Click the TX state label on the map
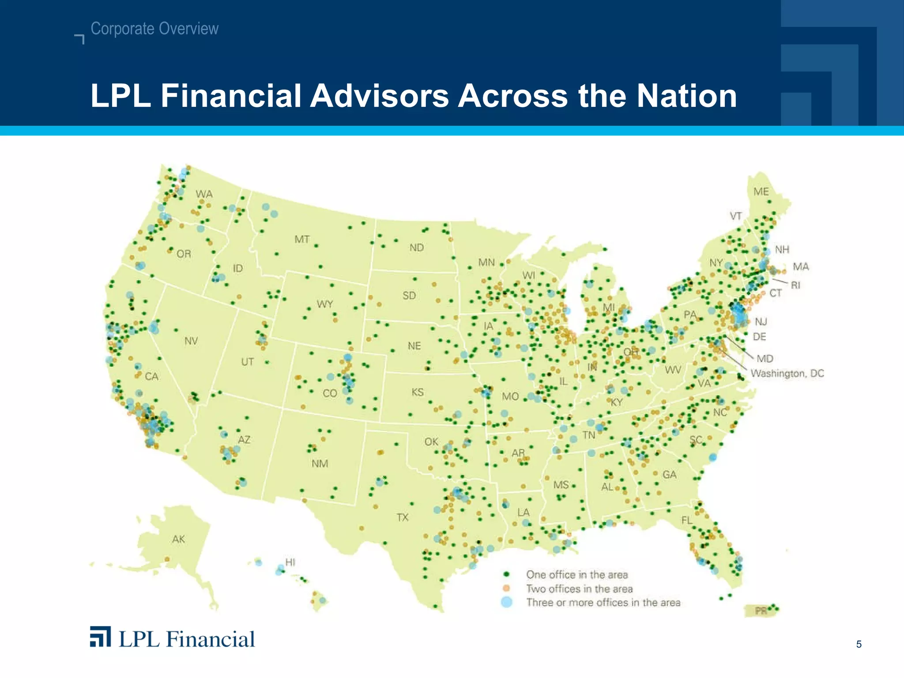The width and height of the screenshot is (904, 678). pos(402,517)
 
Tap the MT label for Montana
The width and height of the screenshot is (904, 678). pos(302,240)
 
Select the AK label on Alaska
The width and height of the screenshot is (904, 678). pos(178,539)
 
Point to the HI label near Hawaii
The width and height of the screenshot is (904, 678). pos(290,562)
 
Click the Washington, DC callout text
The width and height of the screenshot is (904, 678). pos(787,373)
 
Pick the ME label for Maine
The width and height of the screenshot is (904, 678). pos(761,192)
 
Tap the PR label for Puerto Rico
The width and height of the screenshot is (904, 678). pos(761,611)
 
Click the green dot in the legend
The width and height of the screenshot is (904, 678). pos(506,574)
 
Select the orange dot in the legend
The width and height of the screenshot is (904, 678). pos(506,588)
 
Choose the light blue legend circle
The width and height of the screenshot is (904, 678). pos(506,602)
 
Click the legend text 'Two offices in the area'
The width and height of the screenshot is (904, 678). pos(579,589)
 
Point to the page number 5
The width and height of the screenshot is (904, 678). pos(859,644)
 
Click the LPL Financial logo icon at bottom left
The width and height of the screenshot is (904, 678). pos(100,637)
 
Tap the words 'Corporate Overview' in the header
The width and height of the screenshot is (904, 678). pos(154,29)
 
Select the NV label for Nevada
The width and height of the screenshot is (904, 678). pos(191,341)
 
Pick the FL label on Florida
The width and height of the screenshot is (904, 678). pos(686,520)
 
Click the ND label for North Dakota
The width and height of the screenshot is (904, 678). pos(416,248)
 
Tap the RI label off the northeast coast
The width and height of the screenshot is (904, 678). pos(795,285)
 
